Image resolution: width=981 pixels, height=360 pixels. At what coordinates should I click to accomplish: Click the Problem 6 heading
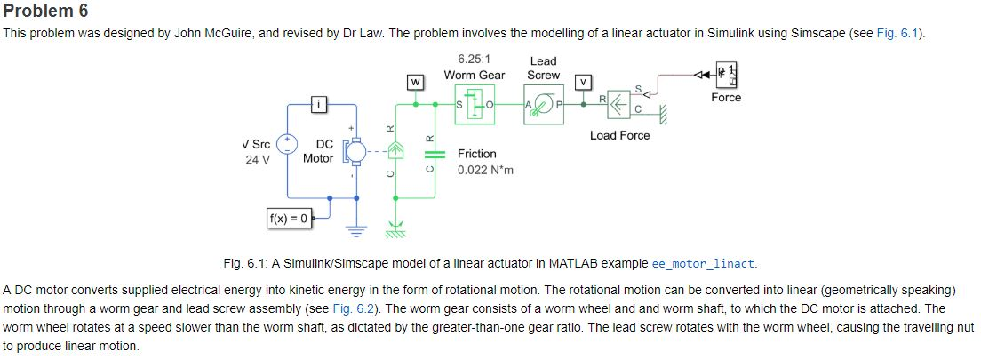[46, 12]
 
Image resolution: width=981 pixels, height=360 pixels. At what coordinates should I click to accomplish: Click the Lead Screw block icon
[544, 105]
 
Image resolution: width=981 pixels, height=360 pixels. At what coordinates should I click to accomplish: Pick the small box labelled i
[321, 105]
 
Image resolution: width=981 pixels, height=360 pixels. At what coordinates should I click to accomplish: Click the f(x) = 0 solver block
[289, 218]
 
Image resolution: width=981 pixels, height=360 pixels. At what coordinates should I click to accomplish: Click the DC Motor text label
[318, 151]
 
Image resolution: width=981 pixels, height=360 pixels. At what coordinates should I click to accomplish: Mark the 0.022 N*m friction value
[485, 170]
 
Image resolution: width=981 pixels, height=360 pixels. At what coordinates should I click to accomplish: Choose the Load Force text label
[619, 135]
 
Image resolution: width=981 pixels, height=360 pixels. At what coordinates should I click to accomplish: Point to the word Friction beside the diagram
[477, 154]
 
